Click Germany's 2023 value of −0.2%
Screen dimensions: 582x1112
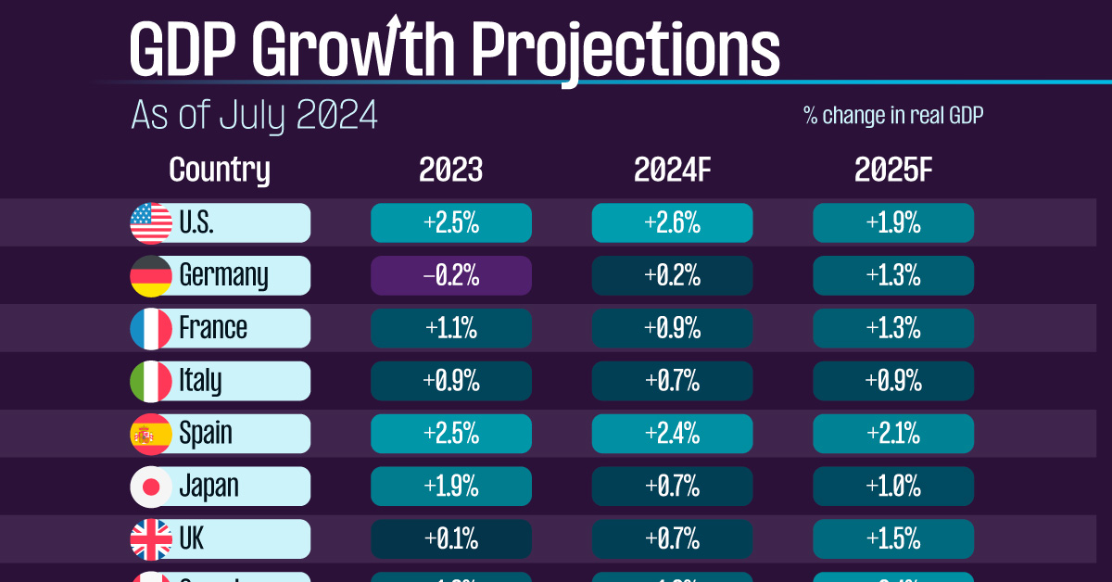tap(451, 275)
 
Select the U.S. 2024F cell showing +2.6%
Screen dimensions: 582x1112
tap(672, 223)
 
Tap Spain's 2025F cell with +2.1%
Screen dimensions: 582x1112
tap(893, 434)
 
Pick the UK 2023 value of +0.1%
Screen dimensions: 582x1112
tap(451, 538)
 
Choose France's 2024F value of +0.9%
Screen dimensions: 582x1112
tap(672, 328)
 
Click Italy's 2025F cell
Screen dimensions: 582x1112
tap(893, 381)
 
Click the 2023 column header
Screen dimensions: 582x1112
tap(451, 171)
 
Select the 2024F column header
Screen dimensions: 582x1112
tap(672, 171)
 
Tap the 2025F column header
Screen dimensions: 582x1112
tap(893, 171)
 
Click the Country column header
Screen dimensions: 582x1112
tap(220, 171)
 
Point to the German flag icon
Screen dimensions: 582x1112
tap(151, 275)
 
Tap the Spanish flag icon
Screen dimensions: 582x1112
tap(151, 434)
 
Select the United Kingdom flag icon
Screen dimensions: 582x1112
tap(151, 538)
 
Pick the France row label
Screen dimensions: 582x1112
tap(214, 328)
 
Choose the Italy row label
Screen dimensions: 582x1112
tap(201, 381)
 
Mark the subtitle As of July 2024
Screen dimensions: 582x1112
tap(254, 116)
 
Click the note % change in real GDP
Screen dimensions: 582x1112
tap(892, 116)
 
